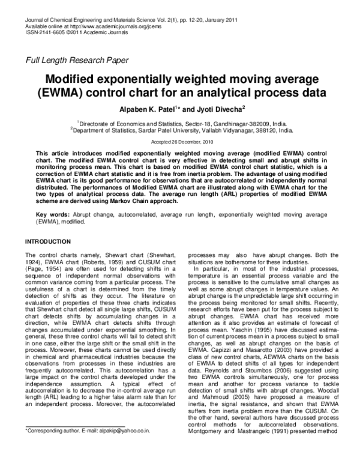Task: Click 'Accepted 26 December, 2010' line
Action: coord(180,142)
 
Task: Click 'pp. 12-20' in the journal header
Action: coord(180,20)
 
